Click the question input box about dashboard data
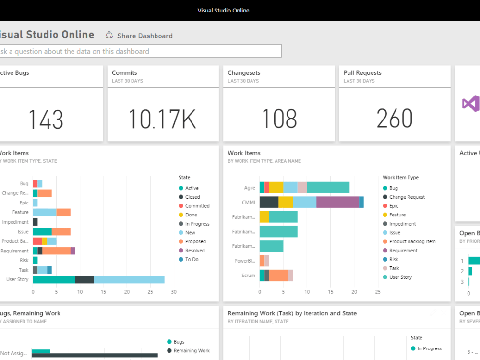pos(139,51)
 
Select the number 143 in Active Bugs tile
pos(46,119)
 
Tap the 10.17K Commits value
pos(162,119)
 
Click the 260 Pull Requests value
pos(394,119)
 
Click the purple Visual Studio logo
pos(470,104)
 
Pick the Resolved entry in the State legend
pos(195,251)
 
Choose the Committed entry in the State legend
pos(197,206)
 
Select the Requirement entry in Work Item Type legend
pos(403,251)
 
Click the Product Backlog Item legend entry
pos(412,241)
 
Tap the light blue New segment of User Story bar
pos(129,279)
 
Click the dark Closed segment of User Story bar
pos(84,279)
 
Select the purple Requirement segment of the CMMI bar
pos(337,202)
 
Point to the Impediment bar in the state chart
pos(35,222)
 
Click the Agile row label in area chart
pos(250,188)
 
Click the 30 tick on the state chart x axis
pos(174,292)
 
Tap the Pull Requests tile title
pos(362,73)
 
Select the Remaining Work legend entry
pos(192,351)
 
